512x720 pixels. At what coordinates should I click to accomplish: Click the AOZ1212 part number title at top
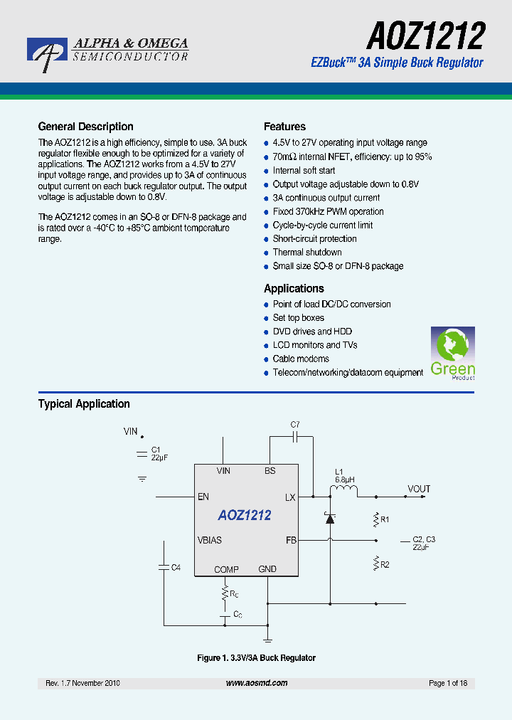pos(426,35)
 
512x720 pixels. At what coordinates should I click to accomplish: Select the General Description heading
pos(85,127)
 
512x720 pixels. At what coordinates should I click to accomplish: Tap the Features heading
pos(284,127)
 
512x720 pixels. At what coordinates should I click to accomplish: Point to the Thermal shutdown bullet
pos(306,253)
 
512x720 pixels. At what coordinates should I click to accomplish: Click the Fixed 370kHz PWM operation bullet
pos(328,212)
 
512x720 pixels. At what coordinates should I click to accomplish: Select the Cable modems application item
pos(300,359)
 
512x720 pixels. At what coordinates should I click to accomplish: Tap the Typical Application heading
pos(84,404)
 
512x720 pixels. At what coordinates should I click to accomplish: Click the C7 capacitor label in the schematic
pos(295,425)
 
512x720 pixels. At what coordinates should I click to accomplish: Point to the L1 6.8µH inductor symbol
pos(348,490)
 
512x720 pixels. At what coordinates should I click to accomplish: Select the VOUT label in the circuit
pos(419,489)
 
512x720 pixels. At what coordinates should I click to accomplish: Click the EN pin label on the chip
pos(203,497)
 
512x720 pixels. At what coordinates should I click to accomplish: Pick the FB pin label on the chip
pos(291,541)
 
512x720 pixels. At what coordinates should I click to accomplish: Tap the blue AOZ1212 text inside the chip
pos(245,516)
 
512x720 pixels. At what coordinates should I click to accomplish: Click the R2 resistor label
pos(385,564)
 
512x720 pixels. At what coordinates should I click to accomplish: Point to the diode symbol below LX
pos(329,519)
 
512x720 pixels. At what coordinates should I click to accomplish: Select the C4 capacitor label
pos(176,567)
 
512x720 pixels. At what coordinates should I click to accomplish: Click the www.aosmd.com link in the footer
pos(257,683)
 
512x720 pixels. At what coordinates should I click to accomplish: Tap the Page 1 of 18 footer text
pos(448,683)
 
